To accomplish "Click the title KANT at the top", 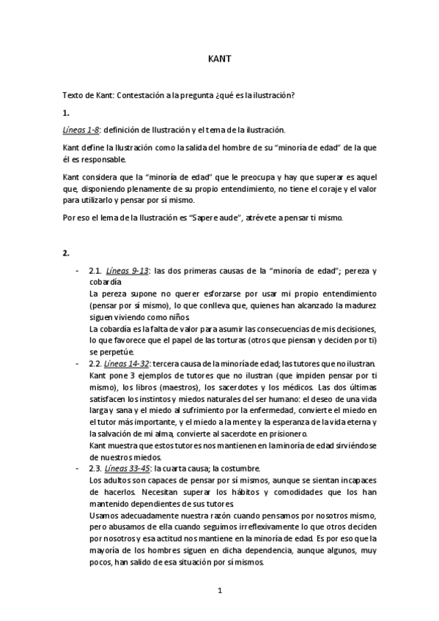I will [x=219, y=61].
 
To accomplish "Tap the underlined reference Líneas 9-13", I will [x=128, y=271].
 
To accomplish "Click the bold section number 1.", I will [x=66, y=113].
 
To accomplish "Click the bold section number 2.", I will [x=66, y=253].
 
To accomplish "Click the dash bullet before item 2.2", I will [x=78, y=364].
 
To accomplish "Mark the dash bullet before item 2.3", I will [x=78, y=468].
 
